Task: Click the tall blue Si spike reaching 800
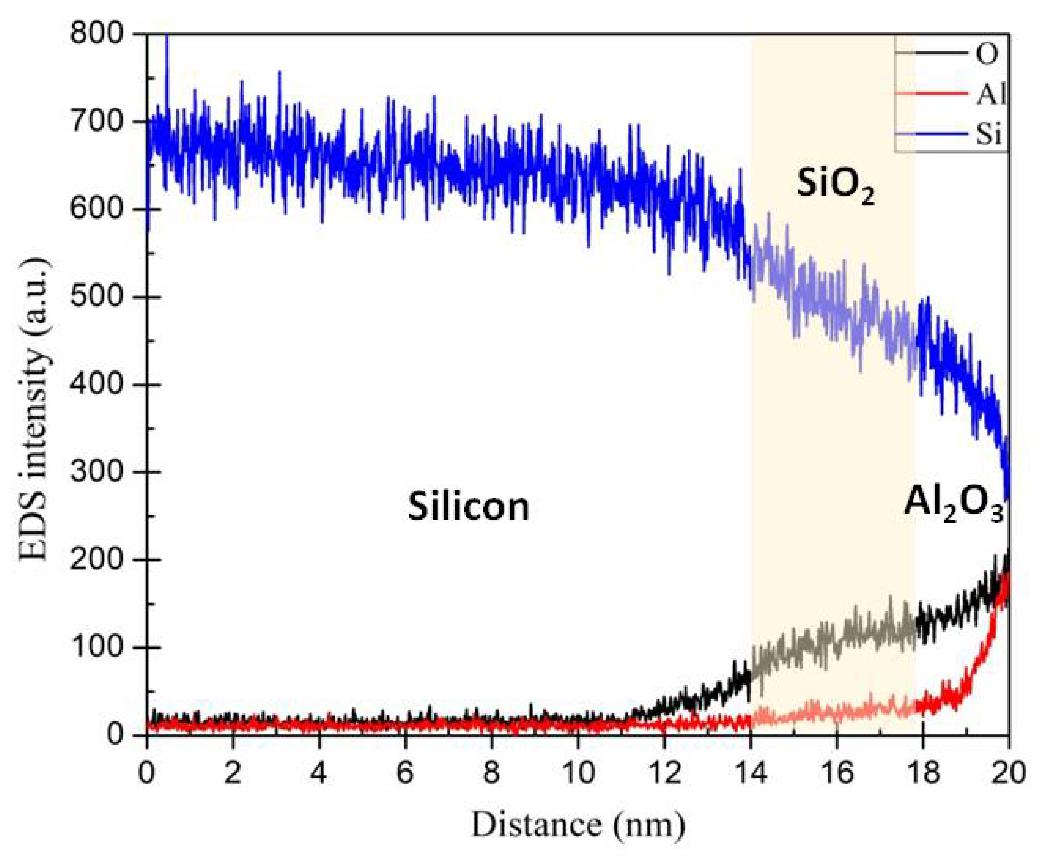(x=167, y=39)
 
